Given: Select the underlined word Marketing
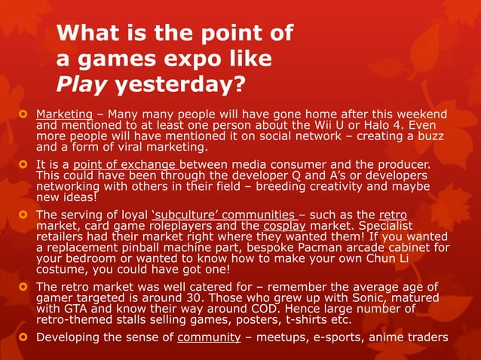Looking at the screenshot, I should tap(64, 114).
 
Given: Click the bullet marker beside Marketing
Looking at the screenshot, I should tap(23, 114).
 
